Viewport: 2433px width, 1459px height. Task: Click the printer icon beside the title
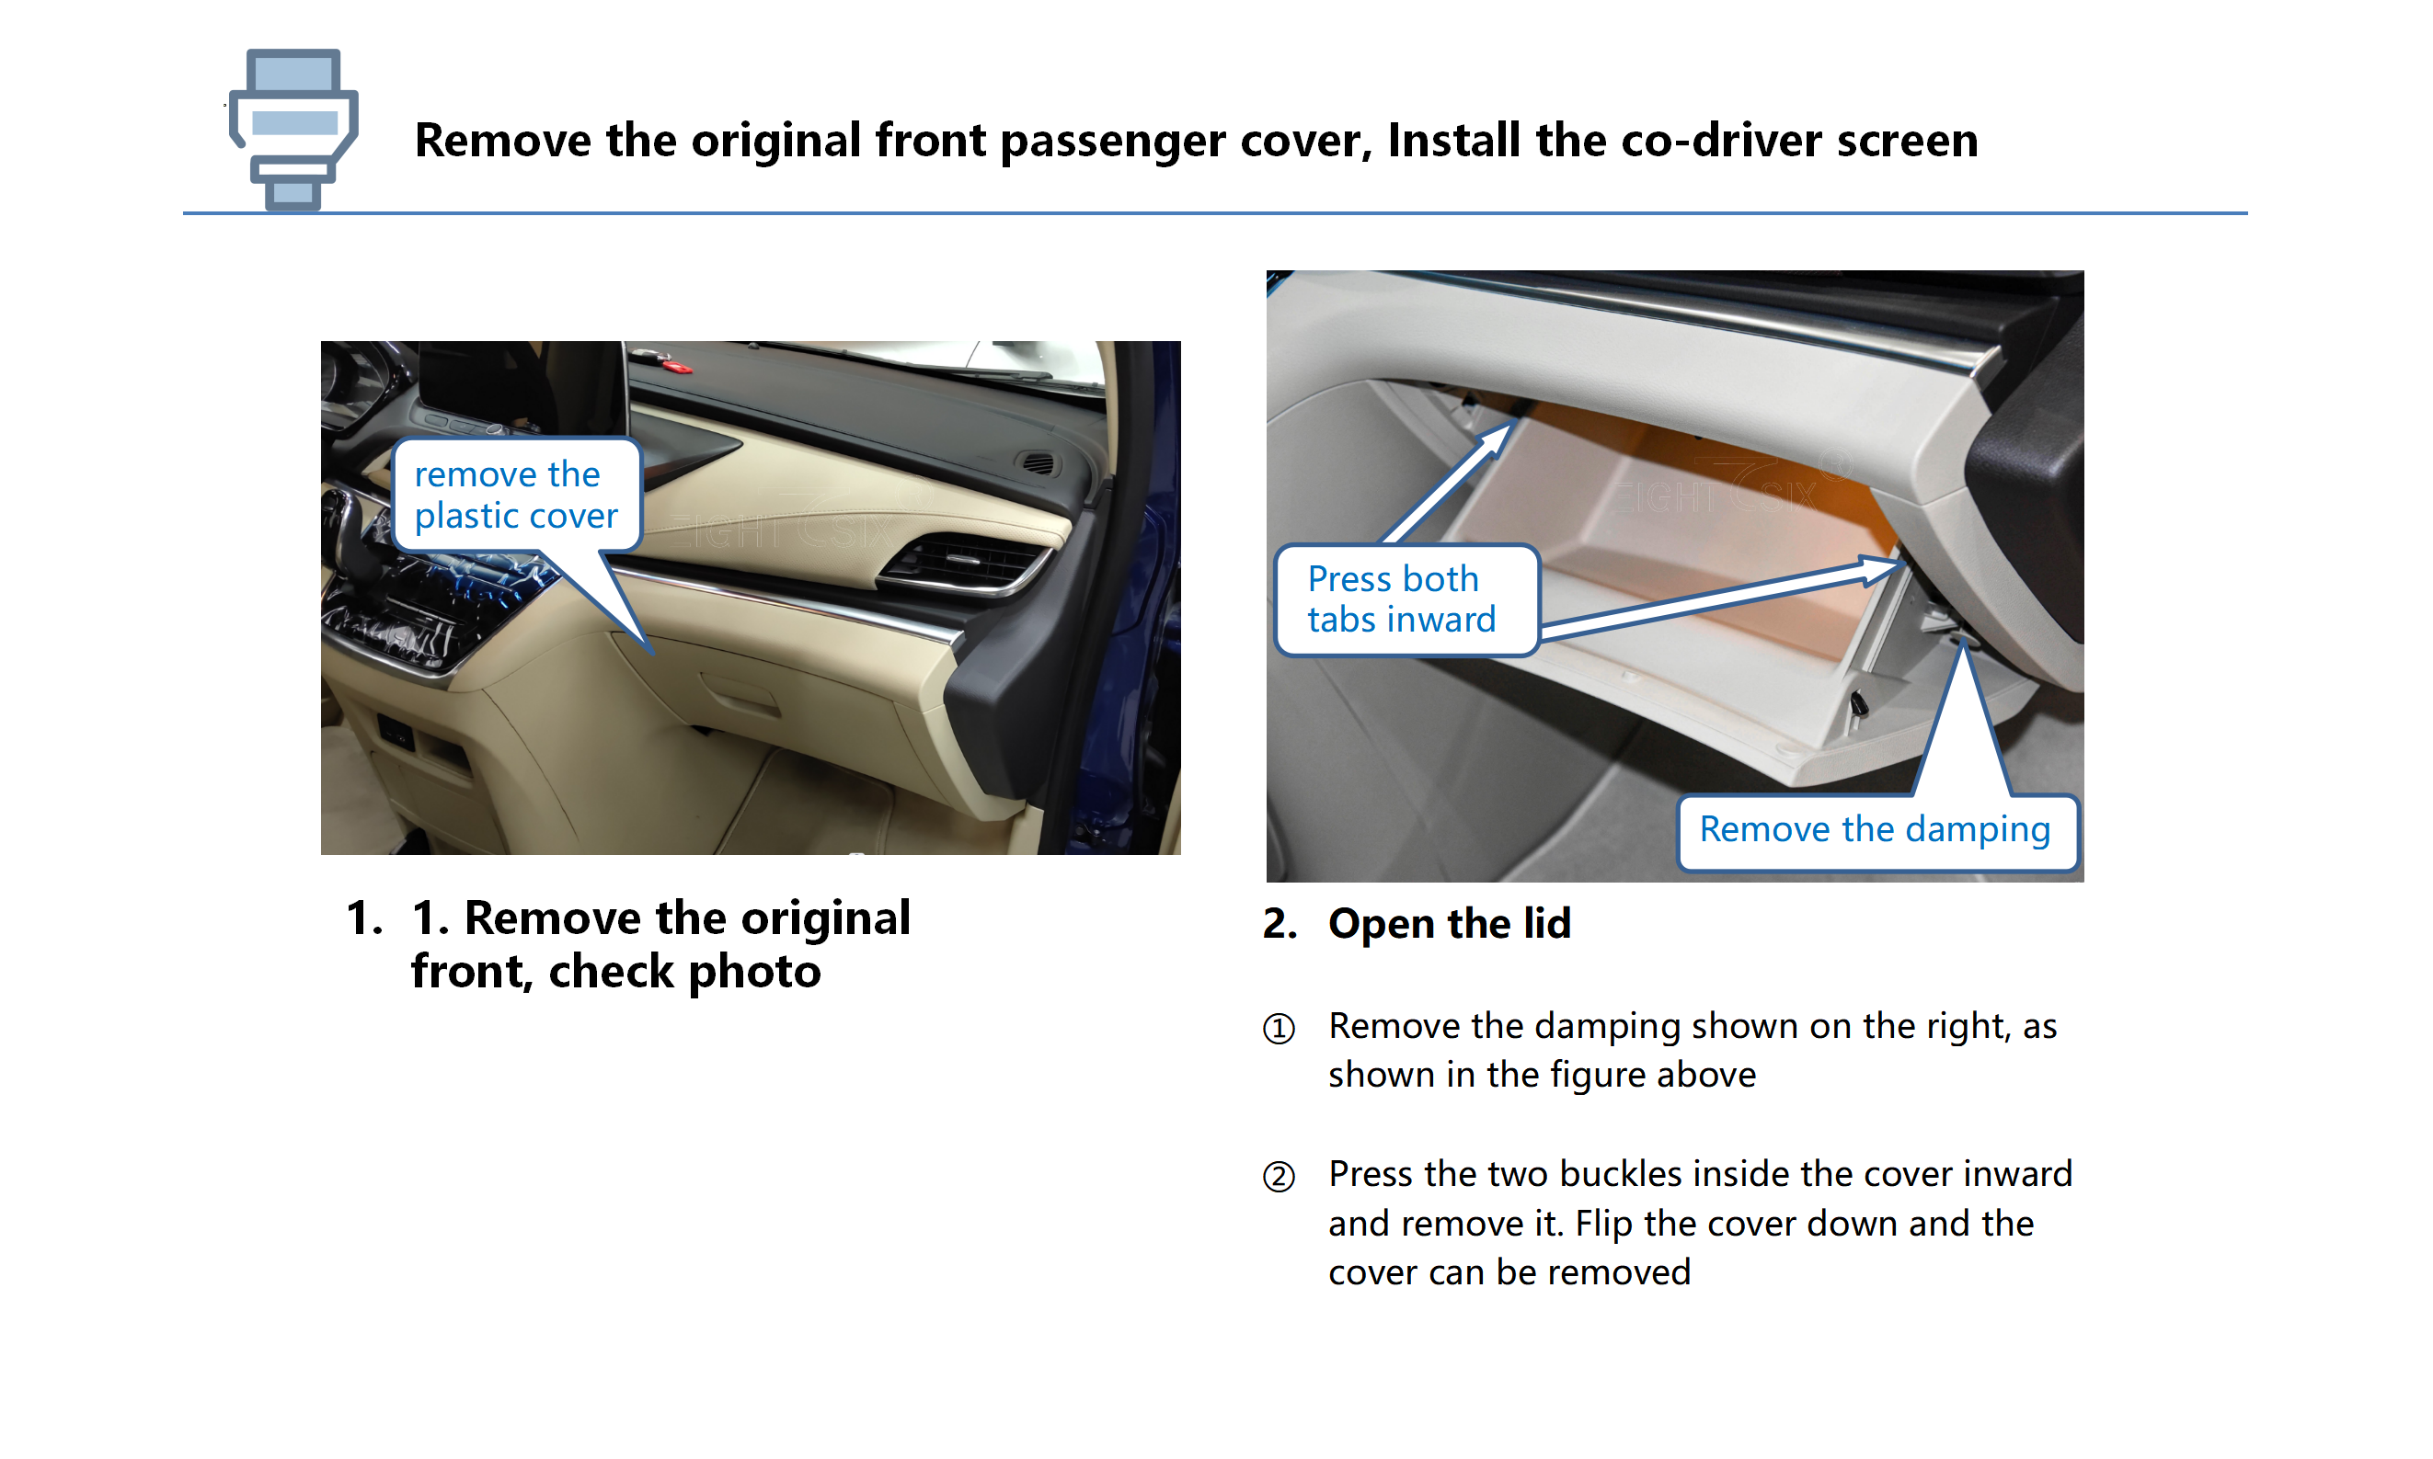(x=293, y=129)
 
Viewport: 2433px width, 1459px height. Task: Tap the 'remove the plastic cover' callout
(x=516, y=495)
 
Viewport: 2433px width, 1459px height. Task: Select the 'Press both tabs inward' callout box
(x=1406, y=598)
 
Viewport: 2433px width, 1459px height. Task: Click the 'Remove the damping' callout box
(x=1876, y=831)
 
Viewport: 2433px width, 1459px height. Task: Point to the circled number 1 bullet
(x=1279, y=1029)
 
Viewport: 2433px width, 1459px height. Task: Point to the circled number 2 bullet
(x=1279, y=1176)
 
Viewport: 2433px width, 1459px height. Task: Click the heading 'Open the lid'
(x=1449, y=924)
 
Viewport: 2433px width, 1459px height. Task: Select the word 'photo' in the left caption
(x=754, y=973)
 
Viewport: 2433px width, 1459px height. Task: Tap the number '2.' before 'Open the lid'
(x=1280, y=924)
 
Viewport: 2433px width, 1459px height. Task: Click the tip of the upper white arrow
(x=1512, y=425)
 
